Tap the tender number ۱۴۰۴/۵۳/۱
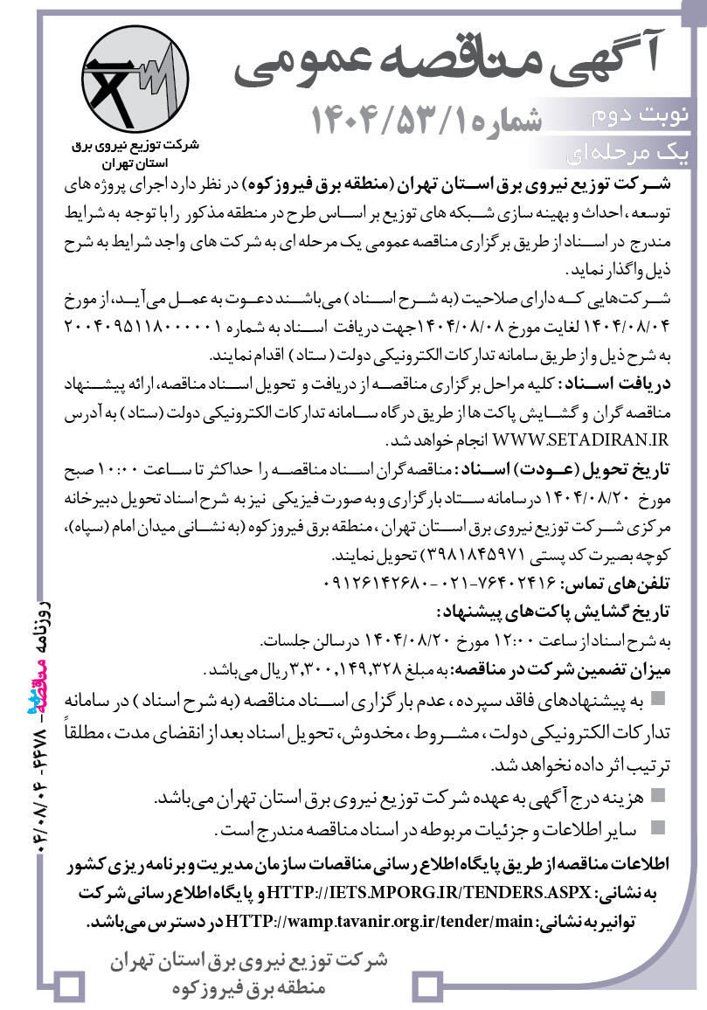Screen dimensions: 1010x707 pos(428,117)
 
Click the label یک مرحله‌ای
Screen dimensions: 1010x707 pos(634,153)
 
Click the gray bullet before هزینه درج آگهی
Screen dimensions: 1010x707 pos(658,796)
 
